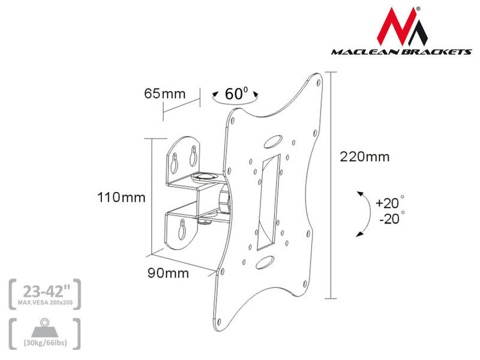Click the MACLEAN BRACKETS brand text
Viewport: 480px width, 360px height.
pyautogui.click(x=402, y=52)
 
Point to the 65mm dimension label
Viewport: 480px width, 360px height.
pyautogui.click(x=164, y=94)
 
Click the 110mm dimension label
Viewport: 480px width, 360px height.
pyautogui.click(x=122, y=197)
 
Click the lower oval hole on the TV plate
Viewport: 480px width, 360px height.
pyautogui.click(x=264, y=262)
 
